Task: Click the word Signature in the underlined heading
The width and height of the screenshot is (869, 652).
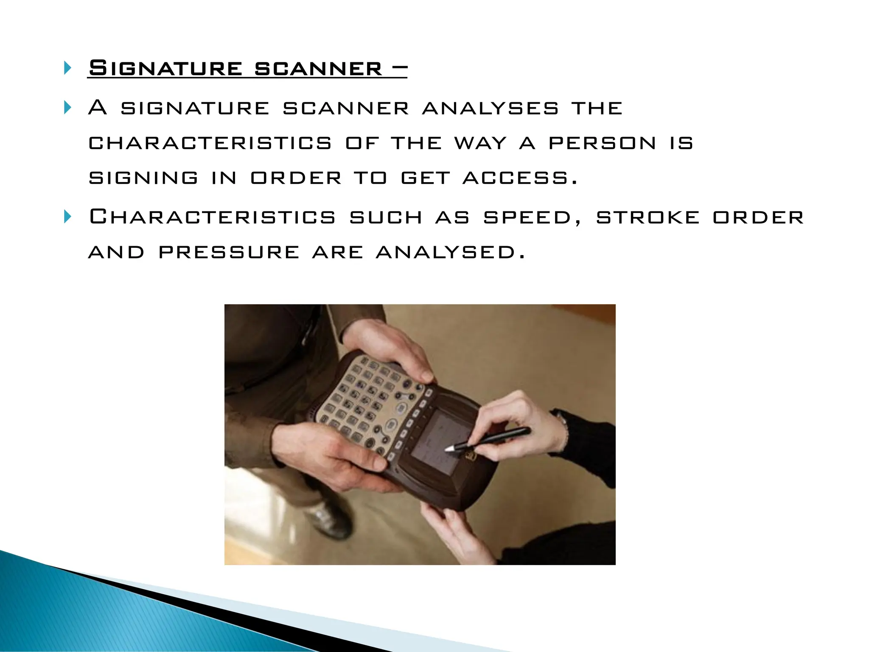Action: coord(165,68)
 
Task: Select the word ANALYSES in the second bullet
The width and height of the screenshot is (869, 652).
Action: coord(491,108)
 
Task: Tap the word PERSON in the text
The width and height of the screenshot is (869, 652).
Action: coord(603,143)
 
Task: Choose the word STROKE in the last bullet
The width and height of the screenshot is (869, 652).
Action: coord(648,218)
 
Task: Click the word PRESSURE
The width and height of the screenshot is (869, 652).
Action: coord(229,253)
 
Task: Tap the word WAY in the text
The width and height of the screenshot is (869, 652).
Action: coord(481,143)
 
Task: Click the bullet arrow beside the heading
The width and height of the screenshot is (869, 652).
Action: coord(67,68)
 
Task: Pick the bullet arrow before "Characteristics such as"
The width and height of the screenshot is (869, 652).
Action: coord(67,217)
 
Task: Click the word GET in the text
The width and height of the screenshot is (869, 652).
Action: coord(425,178)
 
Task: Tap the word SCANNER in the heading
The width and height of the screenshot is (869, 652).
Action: coord(318,68)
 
